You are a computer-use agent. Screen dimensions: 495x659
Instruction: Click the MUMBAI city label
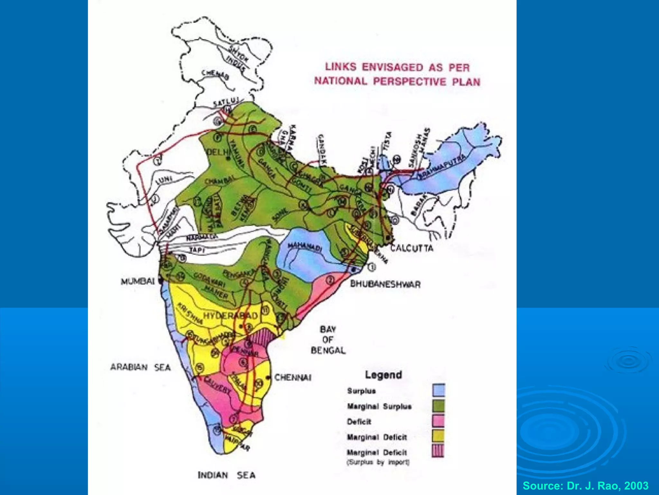137,281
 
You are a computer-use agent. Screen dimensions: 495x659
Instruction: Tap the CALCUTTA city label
412,248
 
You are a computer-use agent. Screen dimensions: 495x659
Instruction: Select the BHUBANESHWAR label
385,284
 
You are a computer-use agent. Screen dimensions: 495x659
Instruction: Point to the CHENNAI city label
292,377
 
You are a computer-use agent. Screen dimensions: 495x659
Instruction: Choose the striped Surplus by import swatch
438,451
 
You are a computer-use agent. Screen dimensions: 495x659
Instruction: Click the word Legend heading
383,375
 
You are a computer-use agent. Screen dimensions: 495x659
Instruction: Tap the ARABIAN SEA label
140,367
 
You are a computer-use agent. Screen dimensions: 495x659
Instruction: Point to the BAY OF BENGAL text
328,340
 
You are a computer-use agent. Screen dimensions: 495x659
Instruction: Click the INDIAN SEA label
227,475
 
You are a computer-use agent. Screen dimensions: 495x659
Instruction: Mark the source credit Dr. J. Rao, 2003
585,485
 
